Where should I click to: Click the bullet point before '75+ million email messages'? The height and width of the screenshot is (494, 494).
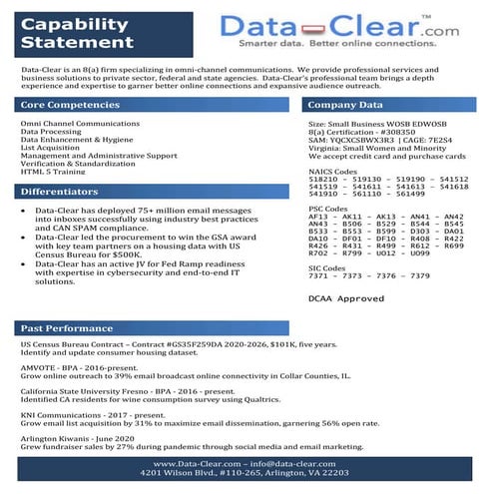24,213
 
